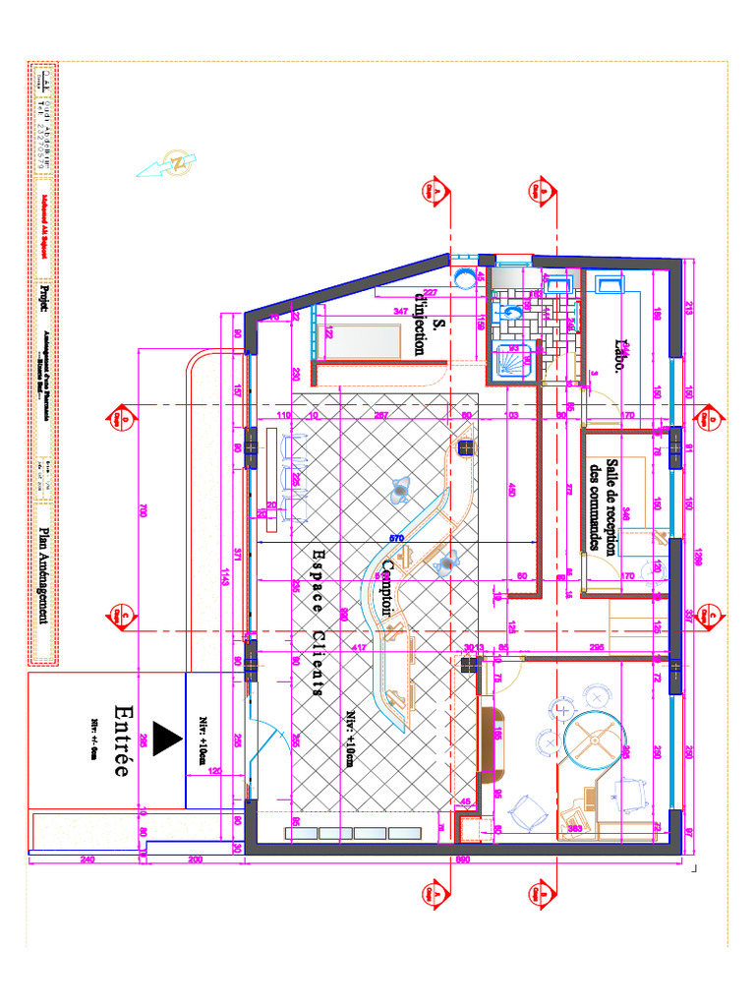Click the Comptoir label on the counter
coord(388,589)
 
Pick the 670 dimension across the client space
coord(397,538)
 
